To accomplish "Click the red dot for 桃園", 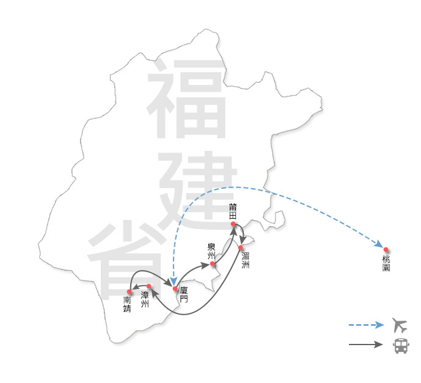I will click(386, 250).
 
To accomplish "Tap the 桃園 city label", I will click(386, 264).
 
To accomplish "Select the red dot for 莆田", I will click(233, 224).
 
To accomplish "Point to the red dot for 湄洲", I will click(241, 247).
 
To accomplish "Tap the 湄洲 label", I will click(245, 261).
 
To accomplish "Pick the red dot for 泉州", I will click(213, 264).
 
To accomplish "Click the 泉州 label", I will click(211, 251).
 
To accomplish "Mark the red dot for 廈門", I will click(175, 288).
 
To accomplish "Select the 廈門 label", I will click(184, 296).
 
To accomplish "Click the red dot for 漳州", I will click(149, 286).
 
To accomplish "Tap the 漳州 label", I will click(145, 299).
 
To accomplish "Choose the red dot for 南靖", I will click(130, 291).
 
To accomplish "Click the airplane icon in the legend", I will click(400, 325).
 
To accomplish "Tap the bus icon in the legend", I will click(400, 346).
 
